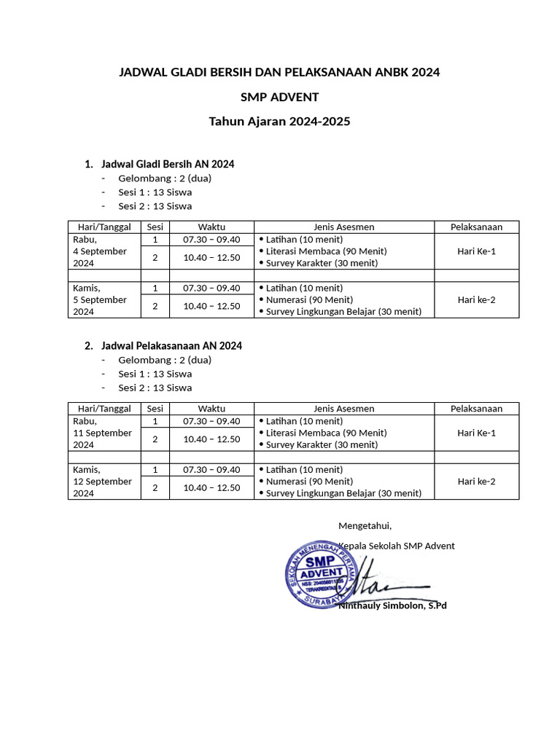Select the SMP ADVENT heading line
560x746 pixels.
pos(280,97)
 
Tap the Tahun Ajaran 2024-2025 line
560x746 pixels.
pos(280,122)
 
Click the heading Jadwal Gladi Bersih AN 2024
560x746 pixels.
pos(168,164)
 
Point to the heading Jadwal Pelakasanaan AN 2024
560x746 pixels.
pos(171,345)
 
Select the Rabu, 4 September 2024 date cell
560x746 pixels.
pos(100,251)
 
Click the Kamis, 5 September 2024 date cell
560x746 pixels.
pos(100,299)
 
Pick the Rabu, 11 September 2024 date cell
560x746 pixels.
pos(102,433)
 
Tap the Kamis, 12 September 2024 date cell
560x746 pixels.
pos(102,481)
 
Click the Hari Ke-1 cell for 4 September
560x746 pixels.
pos(476,251)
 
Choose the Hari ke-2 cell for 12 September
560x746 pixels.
pos(476,481)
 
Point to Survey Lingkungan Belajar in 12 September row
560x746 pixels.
pos(343,493)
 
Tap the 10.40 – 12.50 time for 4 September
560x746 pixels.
pos(211,258)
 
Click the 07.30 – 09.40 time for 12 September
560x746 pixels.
pos(211,469)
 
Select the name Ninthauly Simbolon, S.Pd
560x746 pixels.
pos(392,605)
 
